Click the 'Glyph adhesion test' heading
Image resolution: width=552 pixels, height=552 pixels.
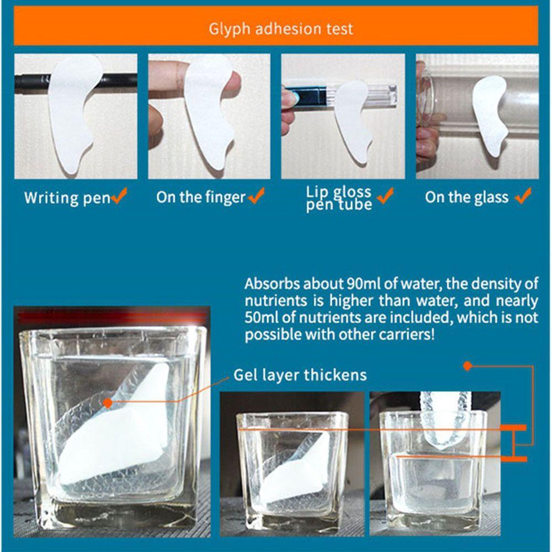click(280, 29)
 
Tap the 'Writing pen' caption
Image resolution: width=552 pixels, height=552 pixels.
click(67, 198)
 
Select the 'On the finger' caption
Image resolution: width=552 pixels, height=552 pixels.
click(201, 197)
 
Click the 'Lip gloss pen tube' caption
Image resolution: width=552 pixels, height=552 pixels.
click(339, 198)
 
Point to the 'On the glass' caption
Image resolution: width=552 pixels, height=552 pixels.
click(466, 197)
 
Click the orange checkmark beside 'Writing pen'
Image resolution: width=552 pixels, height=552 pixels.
click(119, 195)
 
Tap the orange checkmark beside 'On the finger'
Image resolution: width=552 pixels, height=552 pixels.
click(256, 195)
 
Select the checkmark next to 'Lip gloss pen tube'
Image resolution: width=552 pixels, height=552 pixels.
click(385, 195)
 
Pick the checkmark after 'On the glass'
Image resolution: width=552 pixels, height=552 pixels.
click(523, 195)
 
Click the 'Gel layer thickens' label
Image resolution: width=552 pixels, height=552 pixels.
click(300, 375)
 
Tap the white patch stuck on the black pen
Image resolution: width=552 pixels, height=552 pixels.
click(72, 113)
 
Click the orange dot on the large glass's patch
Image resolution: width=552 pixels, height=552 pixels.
click(108, 402)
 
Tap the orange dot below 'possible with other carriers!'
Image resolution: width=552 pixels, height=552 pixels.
click(468, 366)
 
